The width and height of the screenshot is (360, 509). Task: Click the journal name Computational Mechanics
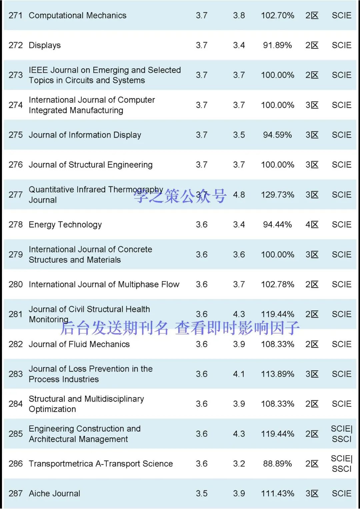click(77, 15)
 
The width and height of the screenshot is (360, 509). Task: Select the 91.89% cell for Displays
click(277, 45)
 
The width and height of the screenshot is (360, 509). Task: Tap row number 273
click(16, 75)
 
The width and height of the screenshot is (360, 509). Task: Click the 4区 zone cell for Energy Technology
click(312, 225)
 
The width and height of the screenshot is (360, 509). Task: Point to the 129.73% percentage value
click(277, 195)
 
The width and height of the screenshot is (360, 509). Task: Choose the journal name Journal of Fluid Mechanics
click(79, 344)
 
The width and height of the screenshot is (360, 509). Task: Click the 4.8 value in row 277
click(239, 195)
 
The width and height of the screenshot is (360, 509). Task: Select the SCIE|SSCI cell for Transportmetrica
click(342, 464)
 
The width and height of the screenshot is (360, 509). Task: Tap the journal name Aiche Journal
click(54, 494)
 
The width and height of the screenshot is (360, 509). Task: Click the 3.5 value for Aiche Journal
click(202, 494)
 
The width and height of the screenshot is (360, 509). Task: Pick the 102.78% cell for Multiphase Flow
click(277, 284)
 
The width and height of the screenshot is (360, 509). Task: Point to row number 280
click(16, 284)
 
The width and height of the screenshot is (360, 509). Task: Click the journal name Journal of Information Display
click(85, 135)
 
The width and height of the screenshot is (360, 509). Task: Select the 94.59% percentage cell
click(277, 135)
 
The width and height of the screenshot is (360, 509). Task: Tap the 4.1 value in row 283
click(239, 374)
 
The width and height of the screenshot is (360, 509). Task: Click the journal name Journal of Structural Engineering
click(90, 165)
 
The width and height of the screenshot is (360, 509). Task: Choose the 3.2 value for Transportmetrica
click(239, 464)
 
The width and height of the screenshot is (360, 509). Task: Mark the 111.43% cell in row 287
click(277, 494)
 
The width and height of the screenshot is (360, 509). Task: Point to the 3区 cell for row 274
click(312, 105)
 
